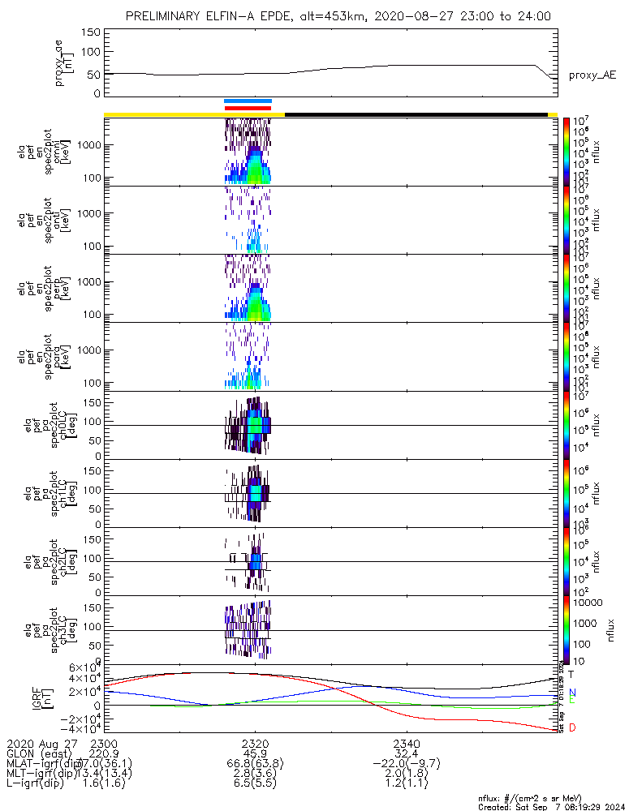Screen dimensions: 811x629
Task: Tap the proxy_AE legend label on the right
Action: coord(592,75)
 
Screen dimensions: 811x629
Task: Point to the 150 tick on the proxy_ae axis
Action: coord(91,32)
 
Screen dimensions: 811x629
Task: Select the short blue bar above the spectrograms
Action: coord(248,101)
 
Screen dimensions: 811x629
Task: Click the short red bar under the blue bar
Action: coord(248,107)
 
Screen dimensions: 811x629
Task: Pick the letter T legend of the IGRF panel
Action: coord(571,674)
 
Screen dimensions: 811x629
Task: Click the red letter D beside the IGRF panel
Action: coord(571,727)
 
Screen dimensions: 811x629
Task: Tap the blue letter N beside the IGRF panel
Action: coord(571,692)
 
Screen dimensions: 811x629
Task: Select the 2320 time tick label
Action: coord(255,744)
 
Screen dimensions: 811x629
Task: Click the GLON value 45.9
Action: coord(255,753)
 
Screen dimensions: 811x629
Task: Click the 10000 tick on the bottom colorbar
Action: coord(587,603)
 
